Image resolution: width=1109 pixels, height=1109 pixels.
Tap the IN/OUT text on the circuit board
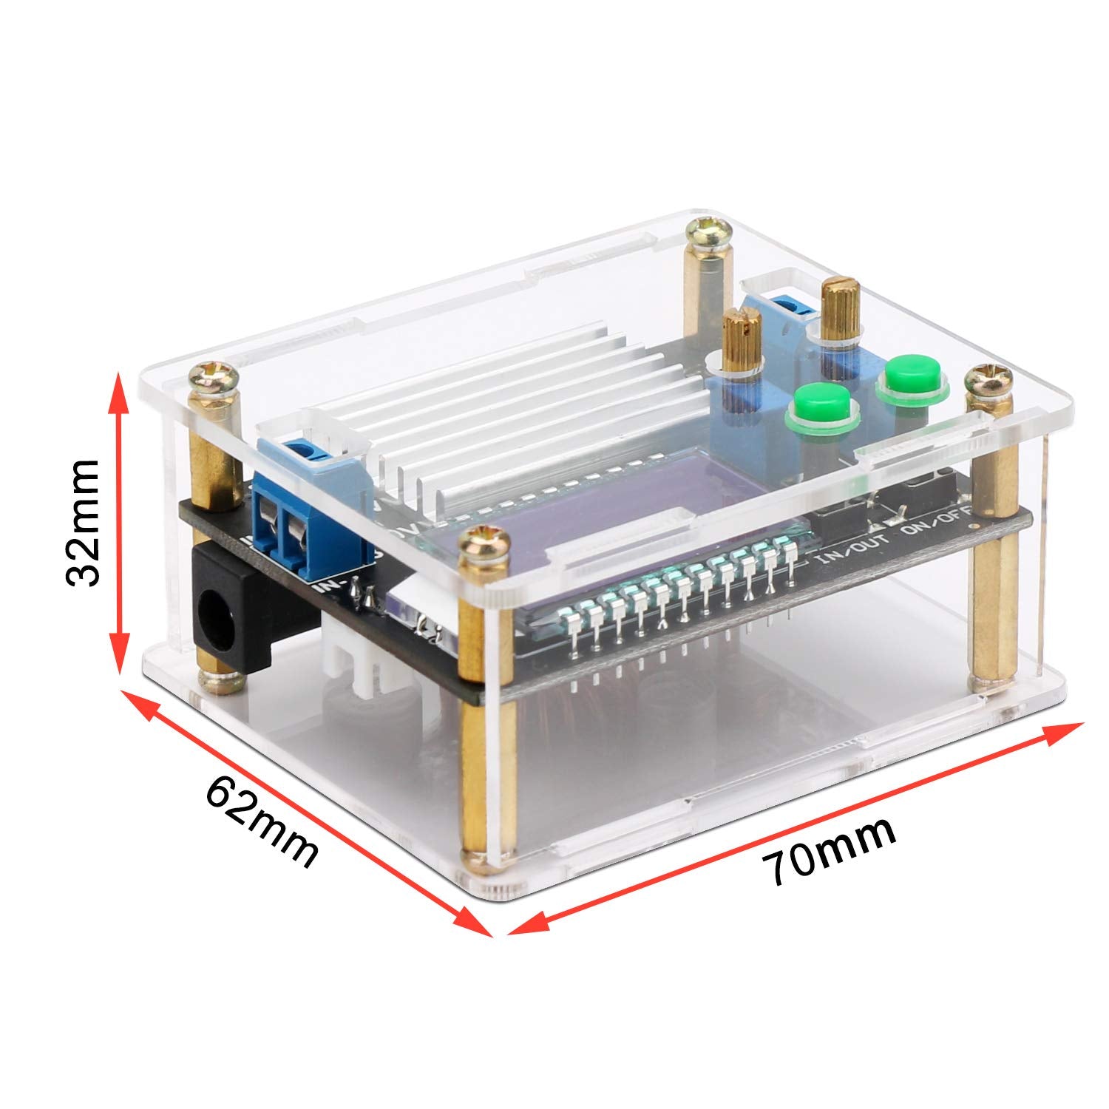tap(847, 556)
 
